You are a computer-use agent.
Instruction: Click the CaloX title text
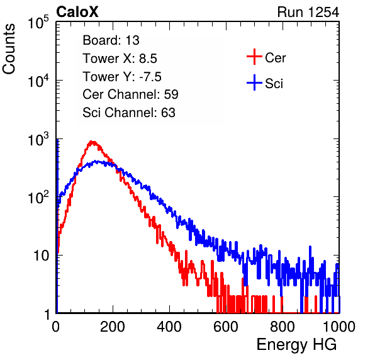pyautogui.click(x=77, y=12)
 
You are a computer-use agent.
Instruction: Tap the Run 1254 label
pyautogui.click(x=308, y=12)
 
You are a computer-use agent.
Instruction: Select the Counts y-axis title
pyautogui.click(x=9, y=49)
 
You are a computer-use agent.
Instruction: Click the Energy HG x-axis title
pyautogui.click(x=296, y=345)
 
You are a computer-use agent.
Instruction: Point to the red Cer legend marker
pyautogui.click(x=254, y=57)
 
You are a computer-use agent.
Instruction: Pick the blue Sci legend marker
pyautogui.click(x=254, y=82)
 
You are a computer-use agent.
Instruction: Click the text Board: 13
pyautogui.click(x=111, y=40)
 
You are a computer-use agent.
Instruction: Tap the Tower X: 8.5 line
pyautogui.click(x=120, y=59)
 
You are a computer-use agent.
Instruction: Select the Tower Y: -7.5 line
pyautogui.click(x=122, y=77)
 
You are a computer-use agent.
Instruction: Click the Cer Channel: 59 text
pyautogui.click(x=130, y=94)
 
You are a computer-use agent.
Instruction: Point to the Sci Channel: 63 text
pyautogui.click(x=129, y=113)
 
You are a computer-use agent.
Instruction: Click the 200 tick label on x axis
pyautogui.click(x=113, y=327)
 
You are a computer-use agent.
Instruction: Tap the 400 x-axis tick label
pyautogui.click(x=169, y=327)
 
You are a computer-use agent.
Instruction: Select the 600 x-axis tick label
pyautogui.click(x=226, y=327)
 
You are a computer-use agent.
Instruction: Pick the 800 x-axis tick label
pyautogui.click(x=283, y=327)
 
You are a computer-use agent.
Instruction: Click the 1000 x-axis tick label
pyautogui.click(x=339, y=327)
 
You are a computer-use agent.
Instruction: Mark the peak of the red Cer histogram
pyautogui.click(x=92, y=142)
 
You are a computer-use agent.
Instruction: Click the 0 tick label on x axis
pyautogui.click(x=56, y=327)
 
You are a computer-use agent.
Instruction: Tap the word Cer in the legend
pyautogui.click(x=275, y=58)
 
